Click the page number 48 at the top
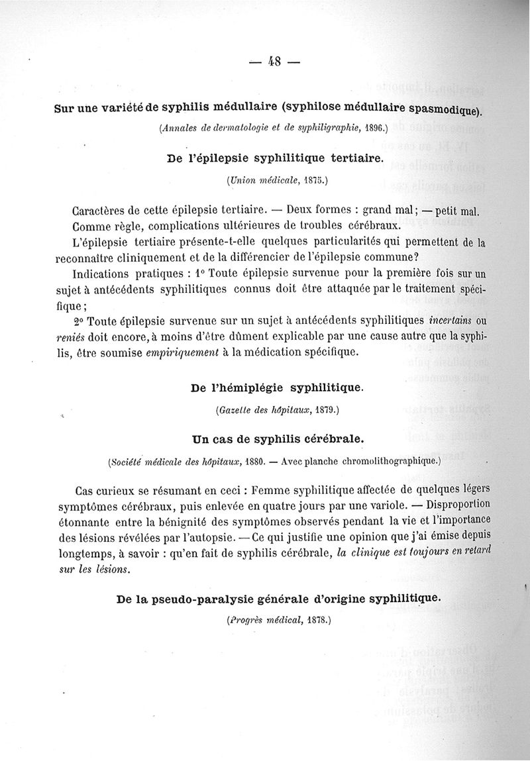274,62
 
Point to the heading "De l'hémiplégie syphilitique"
276,387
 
